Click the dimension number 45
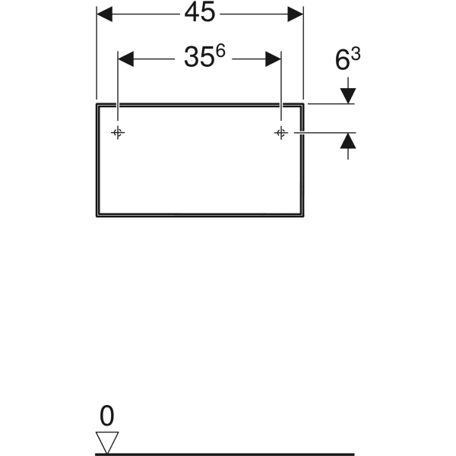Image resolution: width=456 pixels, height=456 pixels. point(200,12)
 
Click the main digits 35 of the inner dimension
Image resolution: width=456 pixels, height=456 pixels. point(198,57)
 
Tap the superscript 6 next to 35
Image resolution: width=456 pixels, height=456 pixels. point(220,51)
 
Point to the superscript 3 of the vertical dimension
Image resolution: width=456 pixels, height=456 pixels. point(356,54)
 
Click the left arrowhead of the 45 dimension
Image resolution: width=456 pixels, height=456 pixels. point(104,14)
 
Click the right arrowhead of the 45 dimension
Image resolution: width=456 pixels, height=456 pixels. point(295,14)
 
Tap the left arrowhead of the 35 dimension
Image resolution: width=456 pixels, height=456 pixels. point(126,59)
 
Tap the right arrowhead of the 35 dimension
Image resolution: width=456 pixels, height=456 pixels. point(273,59)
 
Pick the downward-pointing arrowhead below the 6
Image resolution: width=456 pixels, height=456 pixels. point(348,96)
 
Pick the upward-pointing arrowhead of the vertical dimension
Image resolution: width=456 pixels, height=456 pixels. point(348,141)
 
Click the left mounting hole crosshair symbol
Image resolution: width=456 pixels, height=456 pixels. point(118,133)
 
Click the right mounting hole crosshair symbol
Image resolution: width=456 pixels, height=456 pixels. point(281,133)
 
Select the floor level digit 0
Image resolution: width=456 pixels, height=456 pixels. point(107,416)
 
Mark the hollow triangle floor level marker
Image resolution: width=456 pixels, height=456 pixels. point(107,442)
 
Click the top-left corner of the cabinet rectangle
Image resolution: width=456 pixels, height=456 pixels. point(97,103)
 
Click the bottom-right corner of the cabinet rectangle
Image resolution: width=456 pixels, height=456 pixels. point(303,217)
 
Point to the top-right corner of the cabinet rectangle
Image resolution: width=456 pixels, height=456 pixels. point(303,103)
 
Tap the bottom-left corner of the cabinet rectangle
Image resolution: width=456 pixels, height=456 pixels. point(97,217)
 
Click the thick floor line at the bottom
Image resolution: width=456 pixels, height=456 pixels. point(225,454)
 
